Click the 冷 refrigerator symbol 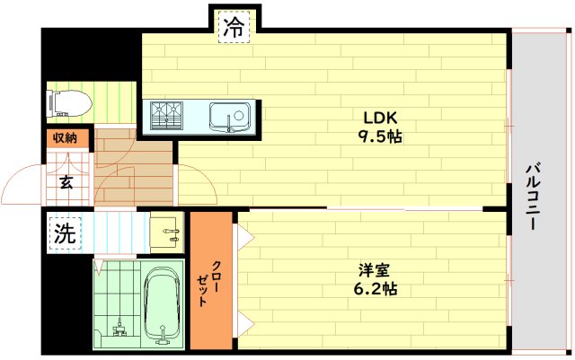[x=234, y=27]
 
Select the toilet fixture [x=70, y=104]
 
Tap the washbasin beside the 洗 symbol [x=167, y=231]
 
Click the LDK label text [x=379, y=118]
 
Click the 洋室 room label [x=375, y=269]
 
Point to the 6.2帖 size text [x=375, y=289]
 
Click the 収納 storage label [x=65, y=138]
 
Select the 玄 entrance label [x=66, y=182]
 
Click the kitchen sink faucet [x=231, y=126]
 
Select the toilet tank [x=52, y=104]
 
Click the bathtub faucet [x=163, y=338]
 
